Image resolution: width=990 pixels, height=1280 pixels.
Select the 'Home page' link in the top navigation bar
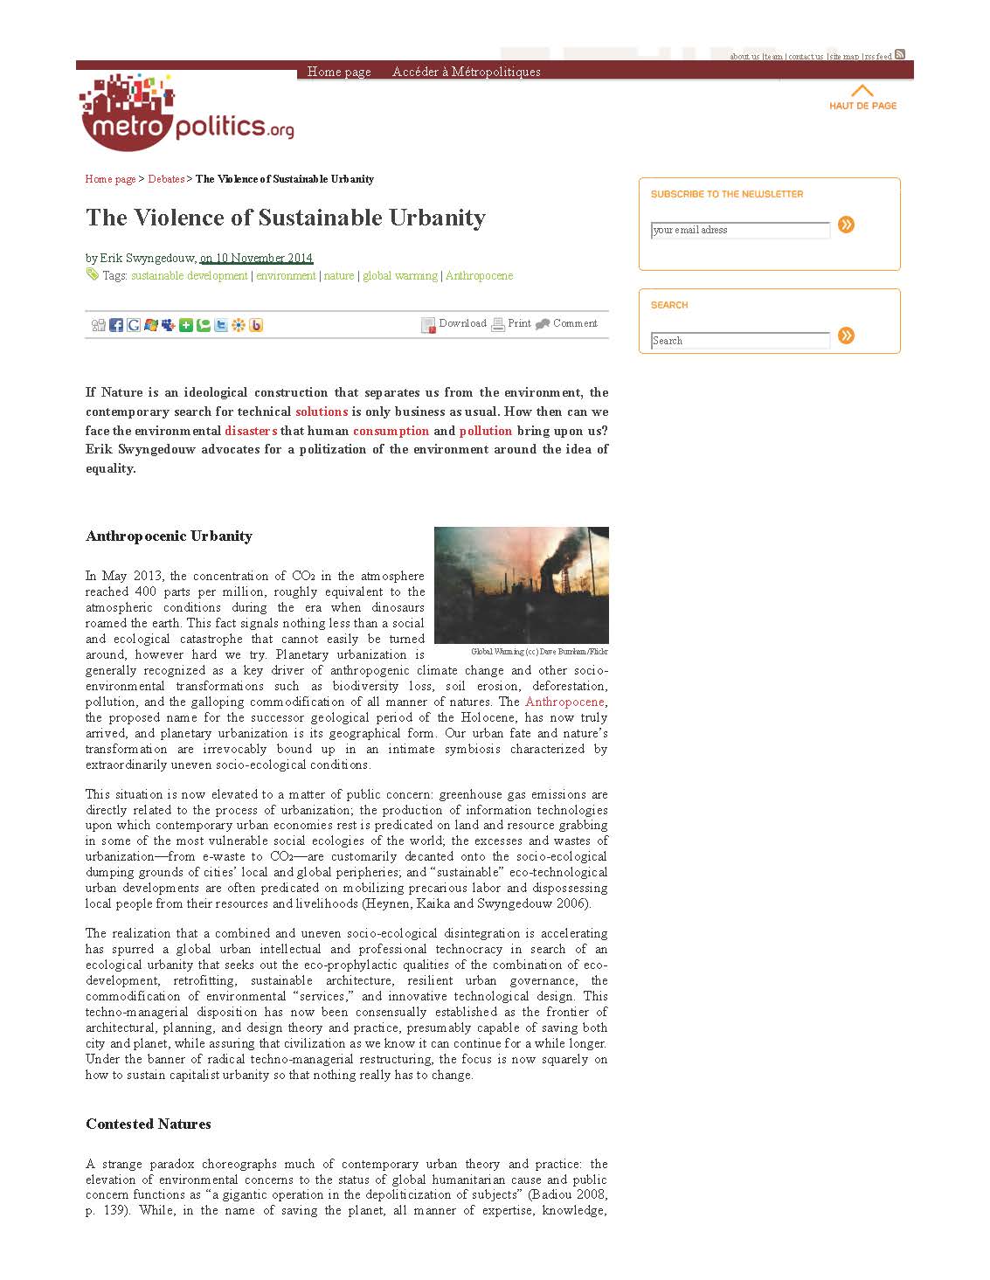(339, 72)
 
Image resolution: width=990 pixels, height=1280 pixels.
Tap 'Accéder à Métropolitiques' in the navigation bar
(466, 72)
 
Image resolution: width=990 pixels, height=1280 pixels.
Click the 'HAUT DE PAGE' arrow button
(862, 97)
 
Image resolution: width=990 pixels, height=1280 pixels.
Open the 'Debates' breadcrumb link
(166, 179)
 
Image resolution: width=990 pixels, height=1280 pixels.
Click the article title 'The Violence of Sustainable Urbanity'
(286, 218)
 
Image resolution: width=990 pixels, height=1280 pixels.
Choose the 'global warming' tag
(399, 276)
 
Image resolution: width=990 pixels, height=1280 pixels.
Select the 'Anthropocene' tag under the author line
(479, 276)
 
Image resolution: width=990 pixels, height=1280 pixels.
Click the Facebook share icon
(116, 325)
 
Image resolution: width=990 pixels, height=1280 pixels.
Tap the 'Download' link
(462, 323)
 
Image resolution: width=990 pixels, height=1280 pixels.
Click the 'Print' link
(519, 323)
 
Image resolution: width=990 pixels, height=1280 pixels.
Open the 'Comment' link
(575, 323)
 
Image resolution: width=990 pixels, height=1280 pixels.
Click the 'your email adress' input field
(740, 230)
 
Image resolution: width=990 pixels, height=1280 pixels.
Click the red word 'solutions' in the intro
(322, 412)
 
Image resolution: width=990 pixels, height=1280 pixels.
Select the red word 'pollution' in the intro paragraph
(485, 431)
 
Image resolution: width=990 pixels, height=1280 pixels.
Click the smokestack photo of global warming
(522, 585)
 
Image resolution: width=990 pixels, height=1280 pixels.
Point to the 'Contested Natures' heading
(149, 1124)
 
